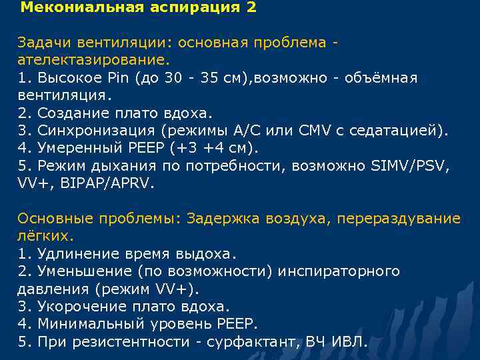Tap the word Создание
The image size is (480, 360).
click(x=70, y=113)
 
